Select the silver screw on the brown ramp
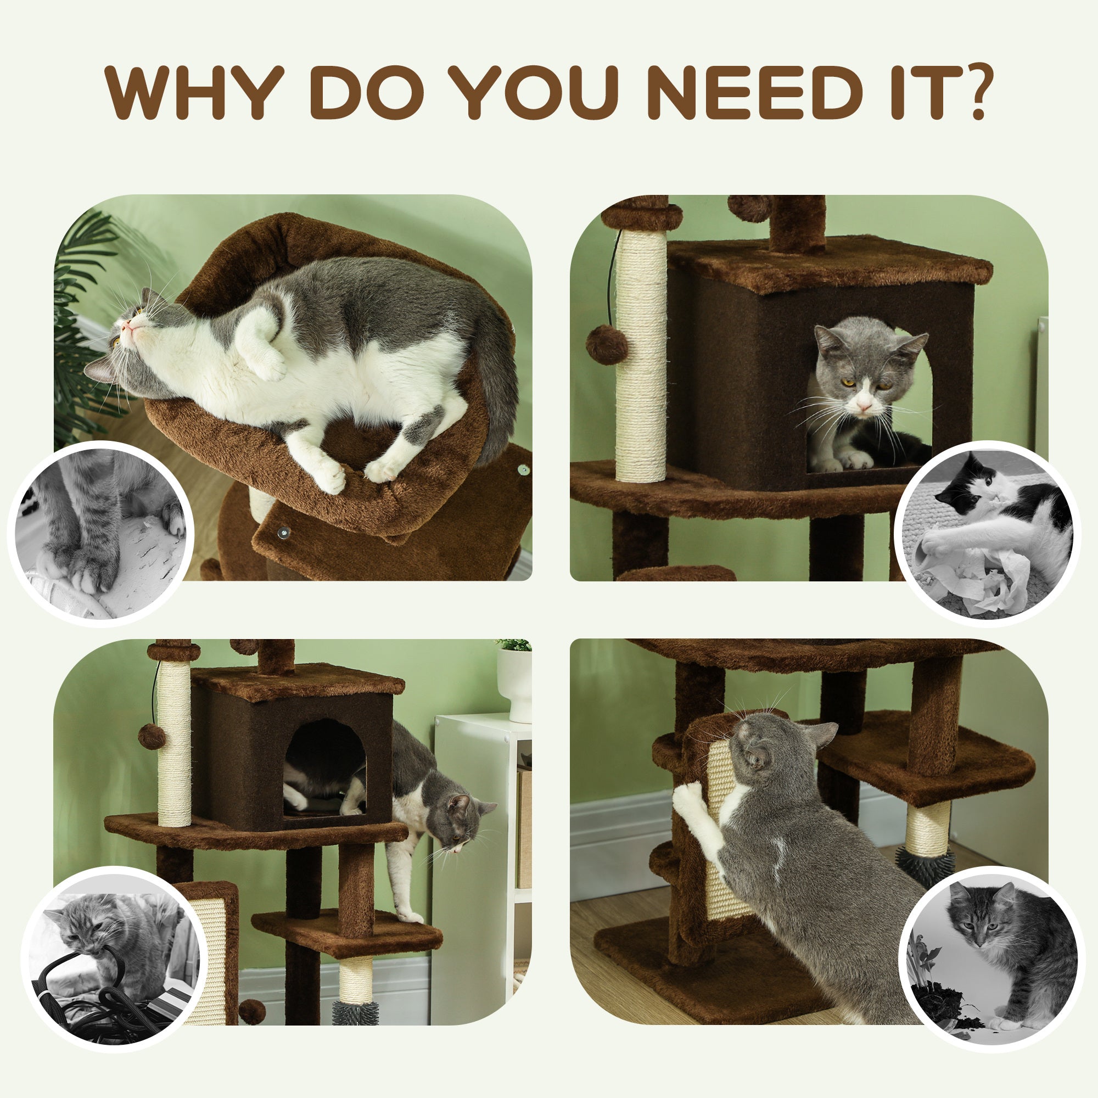[x=282, y=533]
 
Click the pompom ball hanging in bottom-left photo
[x=150, y=737]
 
